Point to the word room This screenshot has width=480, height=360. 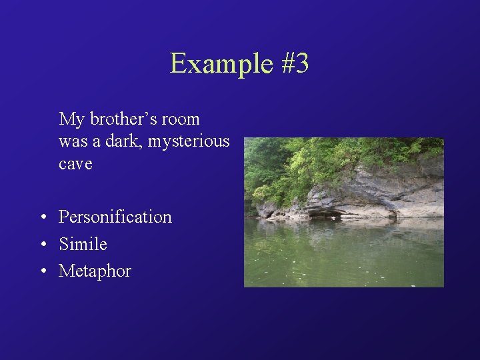coord(180,119)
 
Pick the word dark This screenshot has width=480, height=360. coord(124,141)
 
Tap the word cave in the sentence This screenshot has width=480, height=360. coord(75,164)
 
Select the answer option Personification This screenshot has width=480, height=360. coord(115,217)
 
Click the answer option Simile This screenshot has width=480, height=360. coord(83,245)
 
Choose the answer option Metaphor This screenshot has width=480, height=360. coord(95,271)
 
